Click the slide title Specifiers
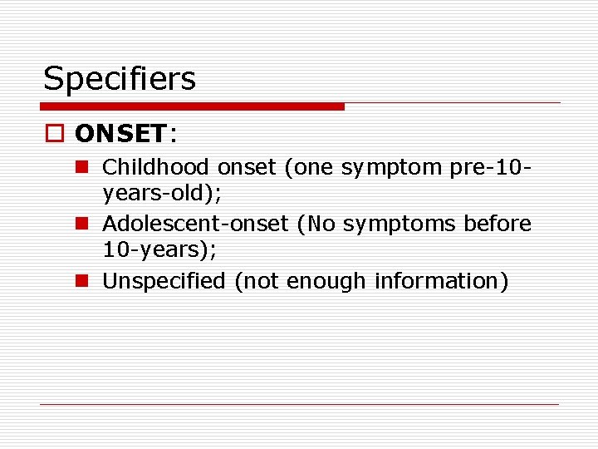pos(120,79)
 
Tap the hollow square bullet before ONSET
pos(56,134)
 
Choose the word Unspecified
pos(164,281)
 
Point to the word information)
pos(441,281)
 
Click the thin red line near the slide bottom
pos(299,404)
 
